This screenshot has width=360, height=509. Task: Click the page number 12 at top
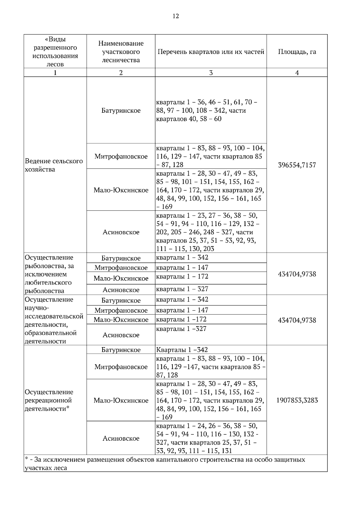(x=175, y=16)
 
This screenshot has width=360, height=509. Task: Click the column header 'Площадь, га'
(x=297, y=52)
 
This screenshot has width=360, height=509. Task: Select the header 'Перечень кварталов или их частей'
(x=211, y=52)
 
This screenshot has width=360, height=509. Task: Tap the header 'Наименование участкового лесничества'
(x=121, y=52)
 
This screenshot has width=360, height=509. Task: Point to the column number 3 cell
(x=211, y=73)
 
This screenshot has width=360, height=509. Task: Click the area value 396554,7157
(x=297, y=165)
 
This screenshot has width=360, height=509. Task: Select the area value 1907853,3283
(x=297, y=400)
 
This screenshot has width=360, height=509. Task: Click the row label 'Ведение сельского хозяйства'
(x=54, y=165)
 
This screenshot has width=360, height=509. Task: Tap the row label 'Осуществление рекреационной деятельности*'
(x=49, y=400)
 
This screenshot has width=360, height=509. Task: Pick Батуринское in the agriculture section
(x=121, y=111)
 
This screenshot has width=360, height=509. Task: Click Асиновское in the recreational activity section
(x=121, y=438)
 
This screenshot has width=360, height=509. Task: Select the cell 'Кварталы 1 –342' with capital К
(x=182, y=350)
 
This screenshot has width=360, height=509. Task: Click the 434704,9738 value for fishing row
(x=297, y=274)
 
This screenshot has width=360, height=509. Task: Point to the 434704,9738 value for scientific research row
(x=297, y=320)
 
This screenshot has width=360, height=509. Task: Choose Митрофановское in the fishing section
(x=121, y=268)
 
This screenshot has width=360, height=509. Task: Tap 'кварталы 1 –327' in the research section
(x=181, y=329)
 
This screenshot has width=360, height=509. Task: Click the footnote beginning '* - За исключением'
(x=165, y=463)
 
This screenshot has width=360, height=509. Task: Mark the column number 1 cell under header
(x=55, y=73)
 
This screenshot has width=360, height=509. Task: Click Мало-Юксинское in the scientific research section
(x=121, y=320)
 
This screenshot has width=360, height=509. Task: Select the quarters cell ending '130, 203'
(x=207, y=232)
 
